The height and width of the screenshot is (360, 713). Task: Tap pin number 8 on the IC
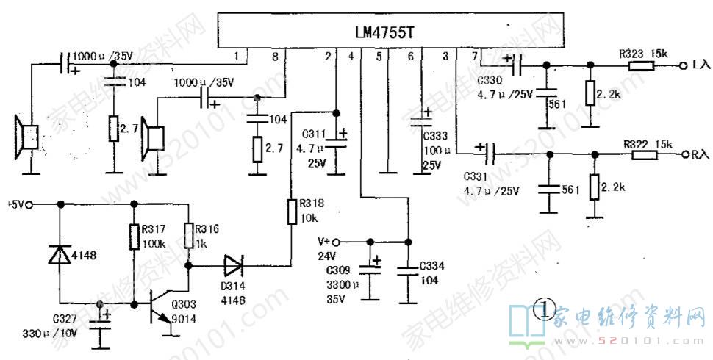point(275,56)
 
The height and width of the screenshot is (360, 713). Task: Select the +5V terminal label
point(15,204)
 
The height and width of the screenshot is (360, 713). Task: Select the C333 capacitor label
point(435,135)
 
